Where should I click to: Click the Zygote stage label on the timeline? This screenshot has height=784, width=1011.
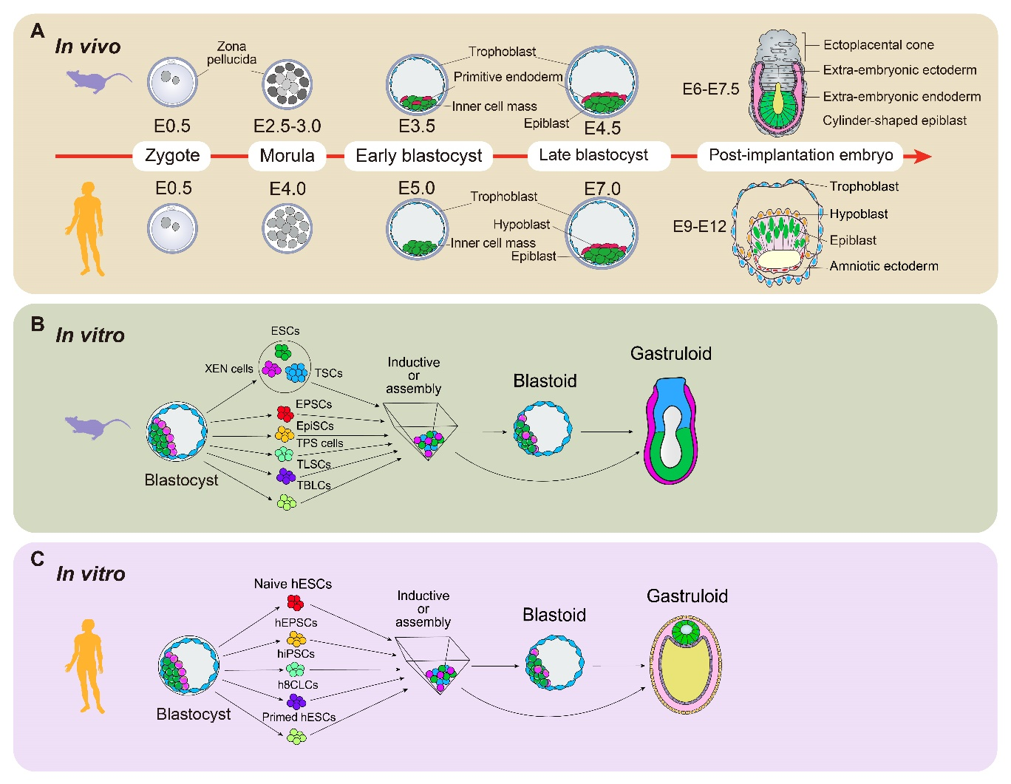click(x=172, y=155)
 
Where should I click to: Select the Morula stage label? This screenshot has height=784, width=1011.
click(x=287, y=155)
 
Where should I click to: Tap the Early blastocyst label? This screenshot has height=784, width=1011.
click(x=418, y=155)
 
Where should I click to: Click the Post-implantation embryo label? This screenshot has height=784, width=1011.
click(x=800, y=155)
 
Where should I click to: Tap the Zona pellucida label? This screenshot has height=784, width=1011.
click(x=231, y=52)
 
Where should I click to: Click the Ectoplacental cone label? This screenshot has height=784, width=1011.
click(x=878, y=45)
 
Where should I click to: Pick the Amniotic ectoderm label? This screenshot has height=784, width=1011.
click(x=883, y=266)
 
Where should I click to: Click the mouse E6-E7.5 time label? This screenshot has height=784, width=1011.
click(x=710, y=89)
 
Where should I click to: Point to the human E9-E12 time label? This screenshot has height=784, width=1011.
click(x=699, y=226)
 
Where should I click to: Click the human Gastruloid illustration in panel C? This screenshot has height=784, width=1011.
click(x=686, y=664)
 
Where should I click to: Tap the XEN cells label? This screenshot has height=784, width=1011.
click(x=229, y=368)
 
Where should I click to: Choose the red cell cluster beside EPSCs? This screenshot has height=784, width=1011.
click(x=285, y=412)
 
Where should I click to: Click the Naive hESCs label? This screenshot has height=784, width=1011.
click(x=293, y=584)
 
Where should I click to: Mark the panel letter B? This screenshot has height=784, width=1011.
click(x=38, y=324)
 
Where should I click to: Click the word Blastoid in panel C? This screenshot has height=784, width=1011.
click(x=554, y=615)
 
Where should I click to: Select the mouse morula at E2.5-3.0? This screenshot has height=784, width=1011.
click(x=287, y=85)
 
